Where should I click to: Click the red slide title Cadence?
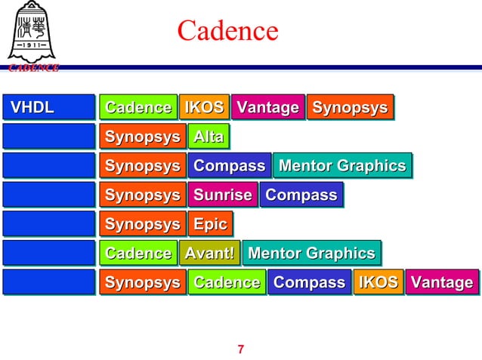[x=227, y=31]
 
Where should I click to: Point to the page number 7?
[x=241, y=349]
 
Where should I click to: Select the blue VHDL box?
[x=48, y=108]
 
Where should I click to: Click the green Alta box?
[x=209, y=137]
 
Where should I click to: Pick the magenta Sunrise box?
[x=222, y=195]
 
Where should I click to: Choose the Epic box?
[x=210, y=225]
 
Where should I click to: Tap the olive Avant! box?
[x=209, y=254]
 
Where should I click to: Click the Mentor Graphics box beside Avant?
[x=311, y=254]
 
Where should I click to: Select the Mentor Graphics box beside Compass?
[x=342, y=166]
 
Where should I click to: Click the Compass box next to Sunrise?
[x=301, y=195]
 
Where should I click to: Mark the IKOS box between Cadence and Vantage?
[x=204, y=108]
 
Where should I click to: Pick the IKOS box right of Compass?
[x=378, y=283]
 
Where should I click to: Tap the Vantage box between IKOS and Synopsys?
[x=267, y=108]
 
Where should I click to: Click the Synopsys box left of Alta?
[x=142, y=137]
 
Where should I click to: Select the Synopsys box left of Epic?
[x=142, y=225]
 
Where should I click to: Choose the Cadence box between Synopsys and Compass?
[x=227, y=283]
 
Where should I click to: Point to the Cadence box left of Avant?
[x=138, y=254]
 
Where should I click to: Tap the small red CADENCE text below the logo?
[x=32, y=68]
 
